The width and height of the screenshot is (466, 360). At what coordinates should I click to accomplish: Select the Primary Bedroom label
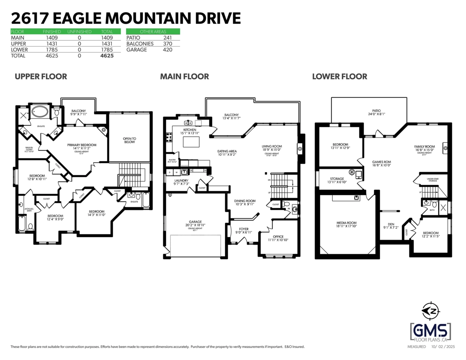(82, 145)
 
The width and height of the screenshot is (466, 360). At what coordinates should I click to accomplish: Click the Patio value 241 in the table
(167, 38)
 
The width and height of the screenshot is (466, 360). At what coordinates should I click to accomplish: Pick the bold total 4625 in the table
(106, 56)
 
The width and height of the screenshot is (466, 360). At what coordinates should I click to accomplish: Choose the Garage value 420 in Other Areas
(167, 50)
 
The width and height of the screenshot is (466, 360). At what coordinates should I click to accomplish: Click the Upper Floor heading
(41, 77)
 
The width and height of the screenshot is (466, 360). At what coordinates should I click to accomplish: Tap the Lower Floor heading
(339, 77)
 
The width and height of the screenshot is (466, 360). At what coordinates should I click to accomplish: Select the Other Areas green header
(153, 31)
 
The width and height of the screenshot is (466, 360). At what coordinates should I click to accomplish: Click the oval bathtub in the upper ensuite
(40, 112)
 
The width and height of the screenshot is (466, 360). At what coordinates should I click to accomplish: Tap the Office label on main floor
(278, 237)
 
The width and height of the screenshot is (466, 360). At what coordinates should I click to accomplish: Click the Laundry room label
(181, 181)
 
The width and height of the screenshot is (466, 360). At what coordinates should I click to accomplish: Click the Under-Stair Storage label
(433, 179)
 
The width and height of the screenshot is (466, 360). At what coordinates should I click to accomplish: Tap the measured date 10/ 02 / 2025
(443, 346)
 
